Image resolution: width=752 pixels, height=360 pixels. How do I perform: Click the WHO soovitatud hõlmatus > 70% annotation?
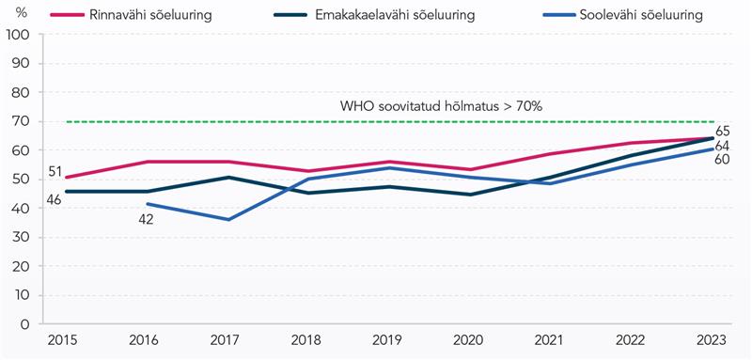tap(441, 106)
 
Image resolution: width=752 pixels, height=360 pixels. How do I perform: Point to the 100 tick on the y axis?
tap(18, 35)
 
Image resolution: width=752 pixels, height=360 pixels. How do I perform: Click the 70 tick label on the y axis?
tap(22, 122)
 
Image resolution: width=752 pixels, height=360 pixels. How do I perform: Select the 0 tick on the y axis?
tap(26, 324)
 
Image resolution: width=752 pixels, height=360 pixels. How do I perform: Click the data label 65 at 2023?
tap(724, 132)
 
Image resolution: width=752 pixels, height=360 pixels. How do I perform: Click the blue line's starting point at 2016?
tap(148, 204)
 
